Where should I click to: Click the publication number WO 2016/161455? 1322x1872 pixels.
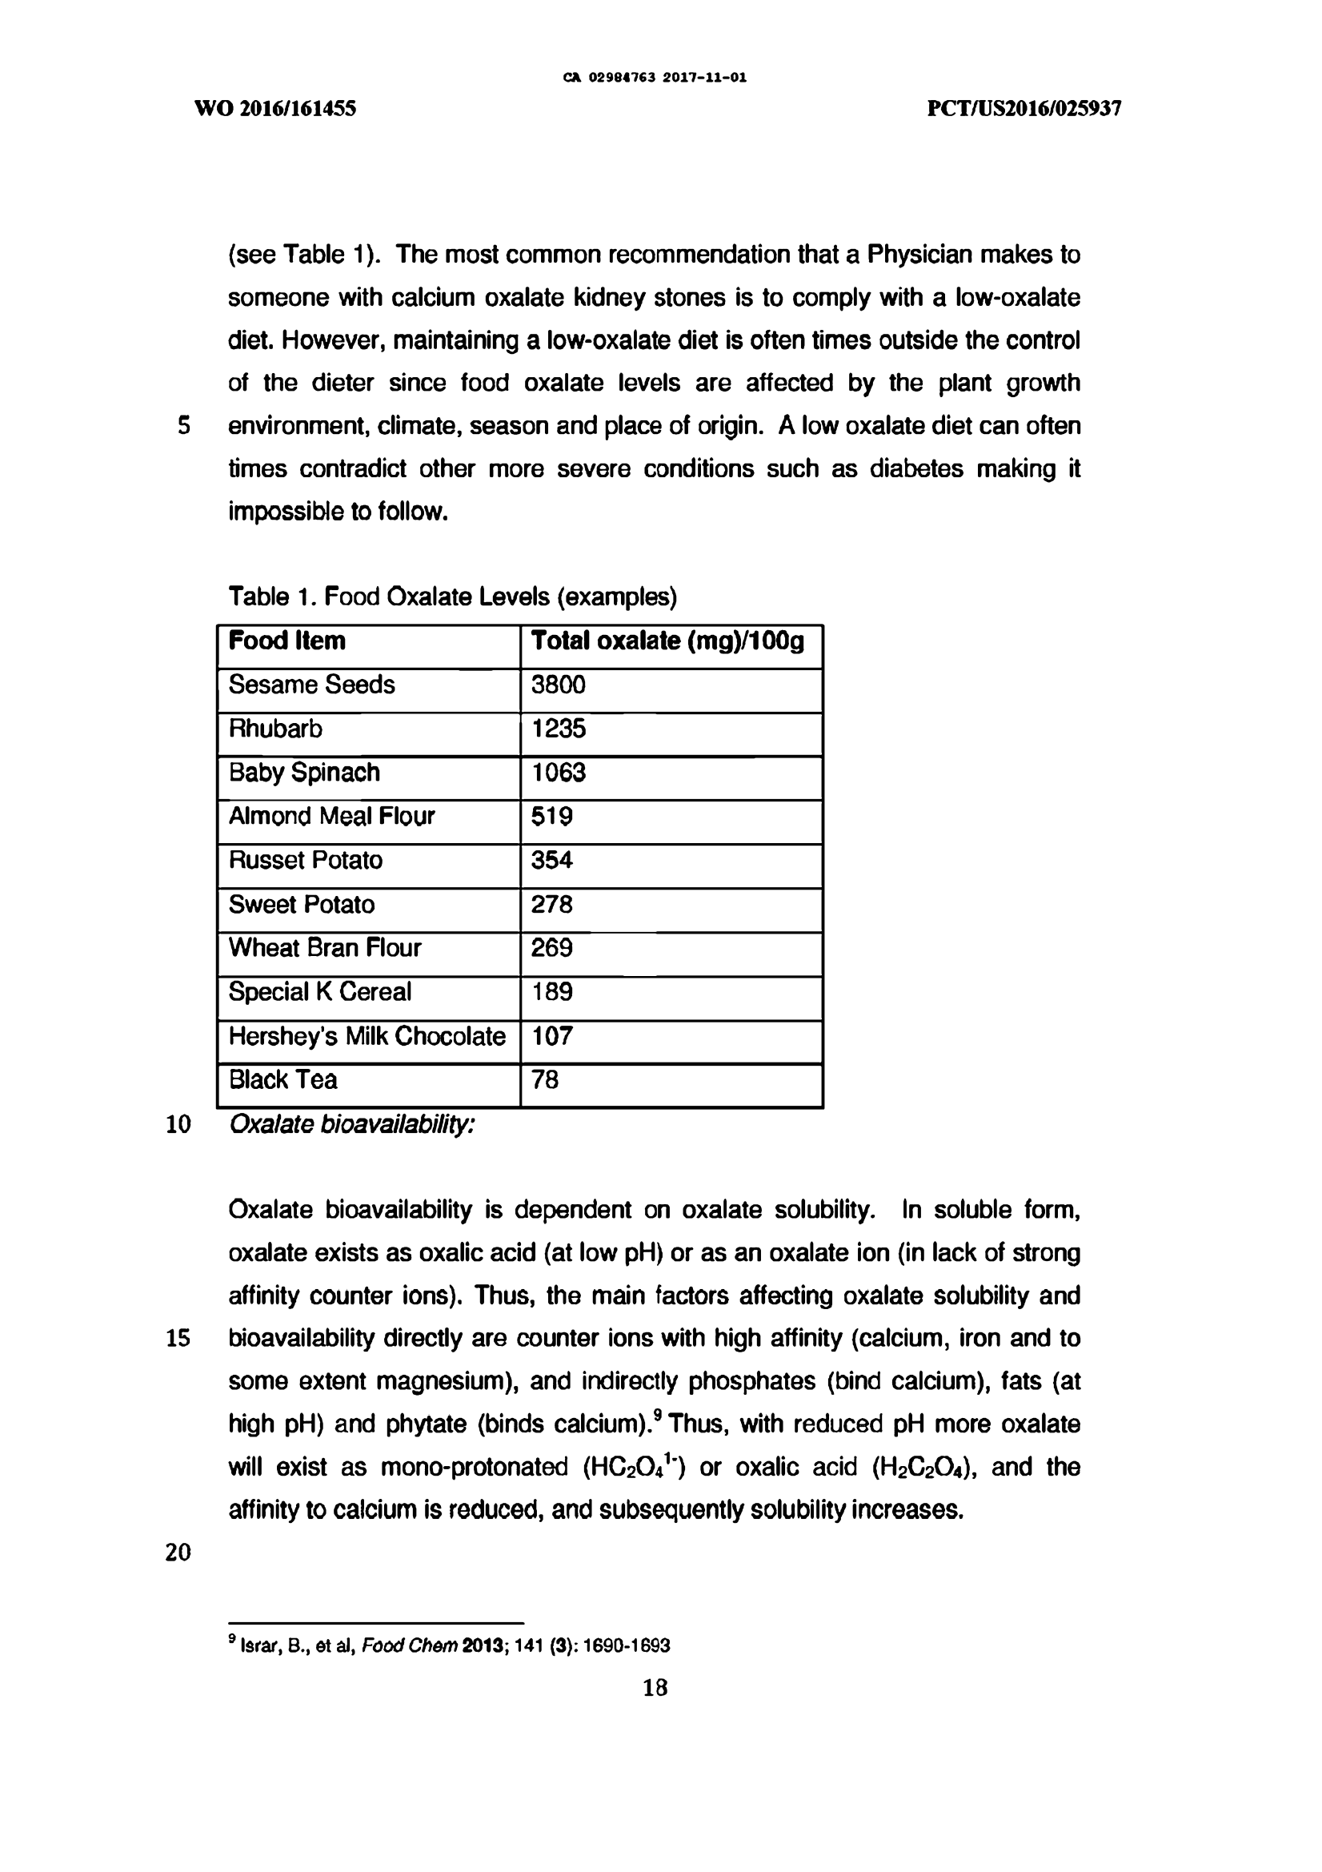tap(275, 108)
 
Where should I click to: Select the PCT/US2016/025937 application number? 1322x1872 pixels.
tap(1024, 108)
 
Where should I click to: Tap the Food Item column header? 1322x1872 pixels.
tap(287, 641)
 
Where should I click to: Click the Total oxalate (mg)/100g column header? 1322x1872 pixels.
tap(667, 641)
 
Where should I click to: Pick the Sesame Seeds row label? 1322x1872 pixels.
tap(311, 685)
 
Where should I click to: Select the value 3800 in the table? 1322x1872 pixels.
tap(559, 685)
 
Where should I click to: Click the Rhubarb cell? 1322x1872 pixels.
tap(275, 729)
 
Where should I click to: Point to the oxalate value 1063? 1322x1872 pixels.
tap(559, 772)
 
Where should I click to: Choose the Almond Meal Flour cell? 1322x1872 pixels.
tap(332, 816)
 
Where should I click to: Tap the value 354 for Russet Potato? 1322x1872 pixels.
tap(552, 860)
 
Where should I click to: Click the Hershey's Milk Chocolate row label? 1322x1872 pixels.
tap(367, 1036)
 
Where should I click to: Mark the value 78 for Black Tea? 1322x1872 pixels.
tap(544, 1080)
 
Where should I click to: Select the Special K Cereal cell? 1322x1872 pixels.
tap(319, 992)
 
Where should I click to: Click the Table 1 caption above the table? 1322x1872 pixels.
tap(452, 597)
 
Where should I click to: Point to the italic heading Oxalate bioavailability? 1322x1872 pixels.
tap(351, 1124)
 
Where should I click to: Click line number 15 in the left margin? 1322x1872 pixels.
tap(178, 1338)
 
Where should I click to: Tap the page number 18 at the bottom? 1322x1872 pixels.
tap(655, 1687)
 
